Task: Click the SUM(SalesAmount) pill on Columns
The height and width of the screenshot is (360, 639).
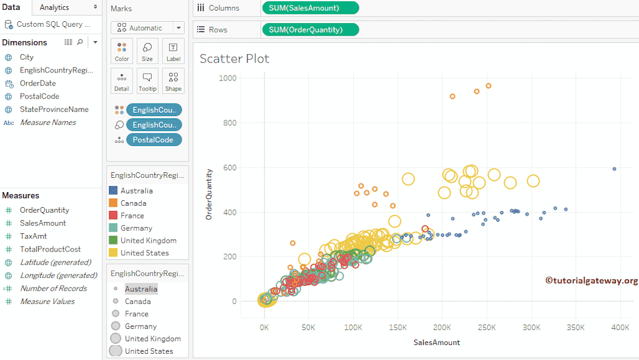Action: pyautogui.click(x=310, y=8)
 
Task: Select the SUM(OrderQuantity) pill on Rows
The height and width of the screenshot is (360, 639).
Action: pyautogui.click(x=310, y=29)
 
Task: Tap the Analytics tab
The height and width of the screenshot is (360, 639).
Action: pyautogui.click(x=54, y=7)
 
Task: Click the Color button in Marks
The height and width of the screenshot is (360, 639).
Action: pyautogui.click(x=122, y=51)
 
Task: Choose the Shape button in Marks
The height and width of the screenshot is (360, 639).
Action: pyautogui.click(x=173, y=80)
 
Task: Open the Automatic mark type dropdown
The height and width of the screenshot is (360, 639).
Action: pyautogui.click(x=147, y=28)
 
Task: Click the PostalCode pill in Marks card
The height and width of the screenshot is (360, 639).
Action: pyautogui.click(x=154, y=140)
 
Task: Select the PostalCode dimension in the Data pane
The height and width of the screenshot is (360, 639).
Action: pyautogui.click(x=39, y=96)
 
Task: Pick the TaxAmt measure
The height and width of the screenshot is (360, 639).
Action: pyautogui.click(x=33, y=236)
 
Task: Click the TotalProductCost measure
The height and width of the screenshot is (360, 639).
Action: pyautogui.click(x=50, y=249)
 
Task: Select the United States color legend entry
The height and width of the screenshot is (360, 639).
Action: pyautogui.click(x=144, y=253)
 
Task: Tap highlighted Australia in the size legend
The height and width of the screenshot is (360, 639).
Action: pyautogui.click(x=141, y=289)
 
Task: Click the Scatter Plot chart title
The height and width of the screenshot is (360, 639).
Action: pyautogui.click(x=234, y=59)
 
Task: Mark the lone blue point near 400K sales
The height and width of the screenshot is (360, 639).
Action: pyautogui.click(x=614, y=169)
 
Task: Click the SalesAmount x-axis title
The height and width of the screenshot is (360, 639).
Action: pyautogui.click(x=436, y=343)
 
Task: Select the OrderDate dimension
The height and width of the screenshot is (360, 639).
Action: pyautogui.click(x=37, y=83)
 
